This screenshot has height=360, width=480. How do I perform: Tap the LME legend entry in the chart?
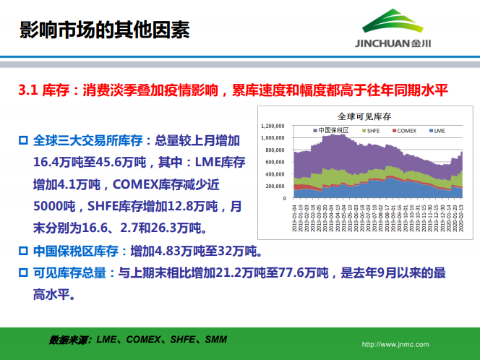(440, 131)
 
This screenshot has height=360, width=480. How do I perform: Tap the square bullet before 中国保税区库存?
(23, 252)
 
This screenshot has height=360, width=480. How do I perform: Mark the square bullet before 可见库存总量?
(23, 273)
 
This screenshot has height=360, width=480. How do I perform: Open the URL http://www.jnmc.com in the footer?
(395, 345)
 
